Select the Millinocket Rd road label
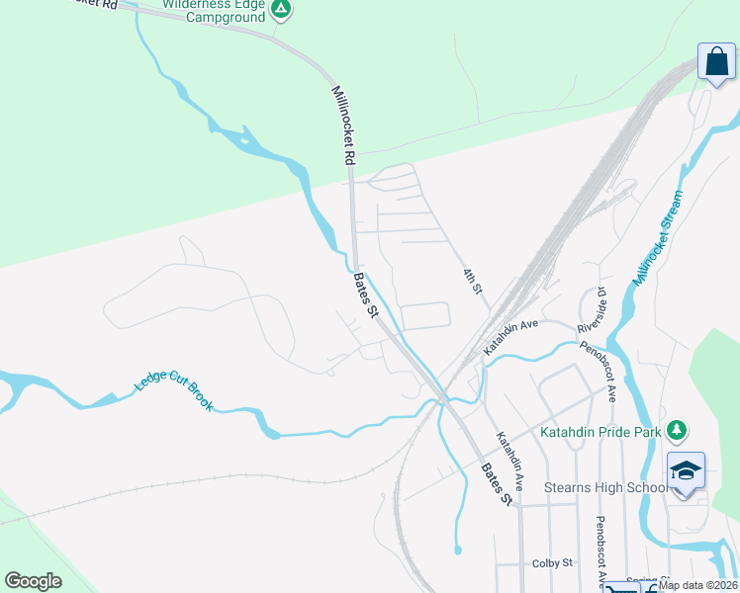[x=342, y=124]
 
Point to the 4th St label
[x=472, y=282]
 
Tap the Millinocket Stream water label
[x=659, y=238]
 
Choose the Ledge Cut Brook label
[x=174, y=392]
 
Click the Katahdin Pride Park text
[x=601, y=431]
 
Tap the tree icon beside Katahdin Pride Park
[x=677, y=430]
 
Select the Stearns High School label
[x=605, y=487]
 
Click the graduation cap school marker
[x=686, y=470]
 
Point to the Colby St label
[x=552, y=563]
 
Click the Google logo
[x=33, y=581]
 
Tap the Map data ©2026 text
[x=697, y=585]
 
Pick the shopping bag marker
[x=714, y=61]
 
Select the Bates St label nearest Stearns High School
[x=497, y=485]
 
